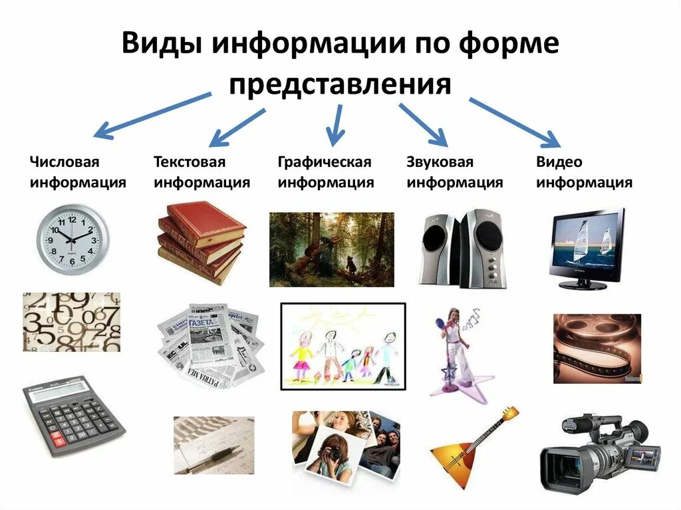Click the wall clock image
coord(70,238)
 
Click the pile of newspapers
coord(210,344)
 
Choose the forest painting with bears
coord(331,249)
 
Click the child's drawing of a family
coord(343,345)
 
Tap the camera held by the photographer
coord(333,454)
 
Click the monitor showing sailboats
coord(586,248)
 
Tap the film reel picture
coord(597,348)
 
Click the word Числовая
coord(64,162)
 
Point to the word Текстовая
coord(190,162)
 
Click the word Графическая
coord(324,162)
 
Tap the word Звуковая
coord(440,162)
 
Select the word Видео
coord(559,162)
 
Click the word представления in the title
coord(340,85)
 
